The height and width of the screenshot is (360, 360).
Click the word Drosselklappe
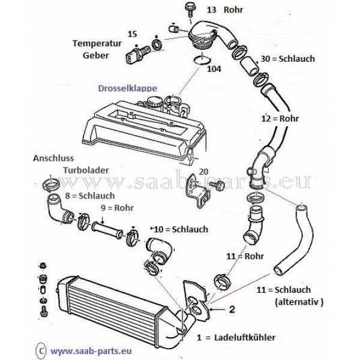coord(128,89)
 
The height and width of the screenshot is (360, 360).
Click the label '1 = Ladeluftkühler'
coord(236,337)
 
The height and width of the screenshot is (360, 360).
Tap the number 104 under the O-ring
coord(214,69)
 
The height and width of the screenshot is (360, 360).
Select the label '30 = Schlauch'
coord(287,59)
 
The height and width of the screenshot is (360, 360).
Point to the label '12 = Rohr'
coord(280,119)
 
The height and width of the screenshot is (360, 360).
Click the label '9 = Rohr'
coord(117,208)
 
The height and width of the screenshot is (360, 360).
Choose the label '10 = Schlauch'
coord(181,229)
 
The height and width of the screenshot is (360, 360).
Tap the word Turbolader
coord(86,170)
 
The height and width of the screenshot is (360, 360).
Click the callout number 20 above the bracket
coord(203,172)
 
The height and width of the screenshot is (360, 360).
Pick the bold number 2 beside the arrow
coord(232,309)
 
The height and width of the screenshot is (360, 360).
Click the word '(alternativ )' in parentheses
coord(299,302)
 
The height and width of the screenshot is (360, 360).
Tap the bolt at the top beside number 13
coord(190,9)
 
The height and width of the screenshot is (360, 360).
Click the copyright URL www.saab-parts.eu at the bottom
coord(91,351)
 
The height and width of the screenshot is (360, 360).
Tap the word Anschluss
coord(53,158)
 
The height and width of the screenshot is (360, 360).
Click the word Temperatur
coord(97,44)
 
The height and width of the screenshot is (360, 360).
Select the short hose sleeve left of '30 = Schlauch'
coord(249,65)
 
